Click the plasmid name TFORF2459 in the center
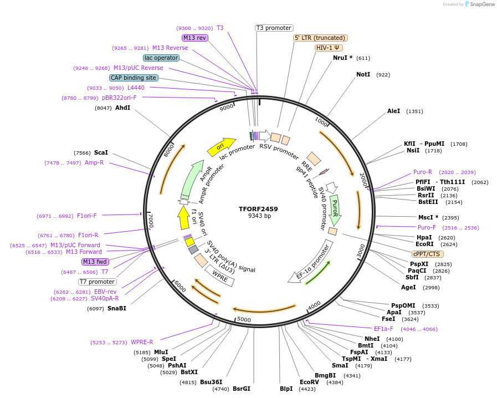coord(258,209)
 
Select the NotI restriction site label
coord(363,74)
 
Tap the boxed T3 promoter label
coord(274,28)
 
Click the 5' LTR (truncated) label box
coord(320,38)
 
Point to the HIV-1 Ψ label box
coord(329,48)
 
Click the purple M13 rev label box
coord(195,38)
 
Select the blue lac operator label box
coord(161,58)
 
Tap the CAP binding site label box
coord(134,78)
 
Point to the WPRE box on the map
coord(220,275)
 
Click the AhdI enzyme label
coord(122,108)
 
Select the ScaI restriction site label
coord(101,152)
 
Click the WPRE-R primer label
coord(142,342)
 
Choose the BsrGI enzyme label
coord(242,389)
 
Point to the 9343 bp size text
coord(258,216)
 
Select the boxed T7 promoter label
coord(97,282)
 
